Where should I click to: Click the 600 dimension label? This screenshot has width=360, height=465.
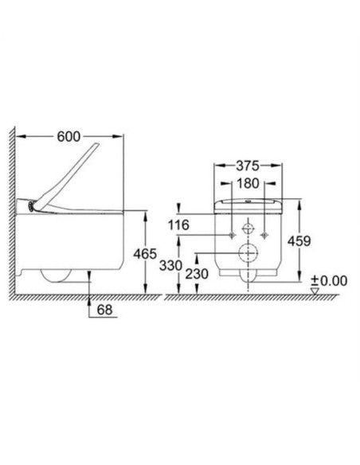68,137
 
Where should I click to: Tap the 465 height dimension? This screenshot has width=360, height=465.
145,254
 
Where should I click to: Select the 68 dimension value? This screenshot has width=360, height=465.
104,310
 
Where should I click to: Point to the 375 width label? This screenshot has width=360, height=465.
248,166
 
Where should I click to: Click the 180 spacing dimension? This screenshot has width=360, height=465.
248,184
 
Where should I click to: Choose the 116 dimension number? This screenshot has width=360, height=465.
178,225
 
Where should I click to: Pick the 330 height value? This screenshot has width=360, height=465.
170,265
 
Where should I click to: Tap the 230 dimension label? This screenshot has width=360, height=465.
197,274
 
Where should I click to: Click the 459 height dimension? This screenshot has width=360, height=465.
299,241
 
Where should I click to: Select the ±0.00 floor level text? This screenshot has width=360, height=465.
329,280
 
